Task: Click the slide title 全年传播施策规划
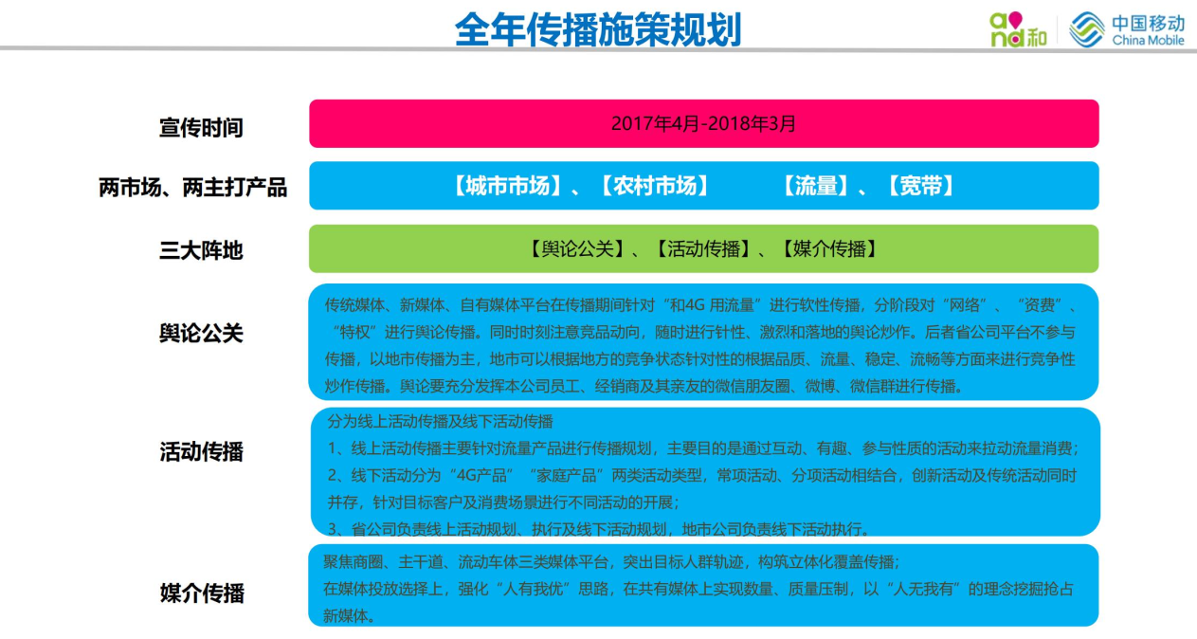click(x=597, y=29)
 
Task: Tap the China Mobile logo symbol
click(x=1087, y=29)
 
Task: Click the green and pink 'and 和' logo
click(x=1018, y=30)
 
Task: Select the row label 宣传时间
click(x=201, y=128)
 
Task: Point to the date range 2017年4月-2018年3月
click(x=703, y=123)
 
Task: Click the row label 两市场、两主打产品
click(x=193, y=188)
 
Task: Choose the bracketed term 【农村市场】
click(x=655, y=186)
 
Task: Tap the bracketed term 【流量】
click(x=816, y=186)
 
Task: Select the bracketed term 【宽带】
click(x=920, y=186)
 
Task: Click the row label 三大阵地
click(x=201, y=250)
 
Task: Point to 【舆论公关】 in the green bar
click(x=577, y=249)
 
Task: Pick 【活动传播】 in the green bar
click(x=703, y=249)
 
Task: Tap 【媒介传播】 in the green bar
click(x=829, y=249)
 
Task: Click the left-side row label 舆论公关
click(x=201, y=333)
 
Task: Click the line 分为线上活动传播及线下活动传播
click(x=440, y=421)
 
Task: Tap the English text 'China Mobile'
click(x=1149, y=40)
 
